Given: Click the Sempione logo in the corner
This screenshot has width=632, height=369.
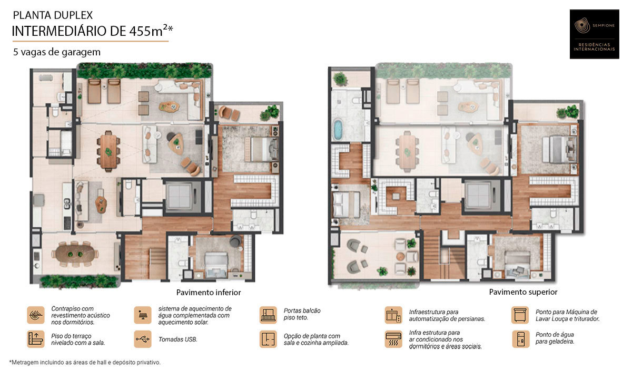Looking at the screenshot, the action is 594,34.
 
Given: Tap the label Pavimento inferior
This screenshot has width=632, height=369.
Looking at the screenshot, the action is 209,293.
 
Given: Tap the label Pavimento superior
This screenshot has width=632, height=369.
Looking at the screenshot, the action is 523,292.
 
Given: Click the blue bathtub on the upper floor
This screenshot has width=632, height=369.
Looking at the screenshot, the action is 338,130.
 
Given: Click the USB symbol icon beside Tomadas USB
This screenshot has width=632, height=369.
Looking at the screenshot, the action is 143,339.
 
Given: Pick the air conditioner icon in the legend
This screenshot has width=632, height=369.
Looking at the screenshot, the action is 393,339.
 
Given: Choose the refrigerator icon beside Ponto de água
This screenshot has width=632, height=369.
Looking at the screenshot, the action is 520,339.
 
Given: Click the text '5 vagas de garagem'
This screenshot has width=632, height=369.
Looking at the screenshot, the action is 57,52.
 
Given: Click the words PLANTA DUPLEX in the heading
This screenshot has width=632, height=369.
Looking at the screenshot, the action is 53,15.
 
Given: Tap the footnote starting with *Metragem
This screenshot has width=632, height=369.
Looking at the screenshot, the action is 85,362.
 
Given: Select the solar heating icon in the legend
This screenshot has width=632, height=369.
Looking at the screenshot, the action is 143,315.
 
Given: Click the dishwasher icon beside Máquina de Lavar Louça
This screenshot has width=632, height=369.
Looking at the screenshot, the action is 520,315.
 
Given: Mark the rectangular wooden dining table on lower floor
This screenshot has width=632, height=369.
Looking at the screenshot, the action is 108,151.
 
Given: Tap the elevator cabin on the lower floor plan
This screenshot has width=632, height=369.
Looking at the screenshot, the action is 180,196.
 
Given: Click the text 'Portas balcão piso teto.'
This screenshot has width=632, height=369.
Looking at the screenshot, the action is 302,314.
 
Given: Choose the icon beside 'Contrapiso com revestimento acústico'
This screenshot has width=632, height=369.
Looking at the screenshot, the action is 36,315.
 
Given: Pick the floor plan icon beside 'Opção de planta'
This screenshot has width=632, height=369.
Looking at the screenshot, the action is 268,339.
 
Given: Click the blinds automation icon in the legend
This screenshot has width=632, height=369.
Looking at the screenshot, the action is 393,315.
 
